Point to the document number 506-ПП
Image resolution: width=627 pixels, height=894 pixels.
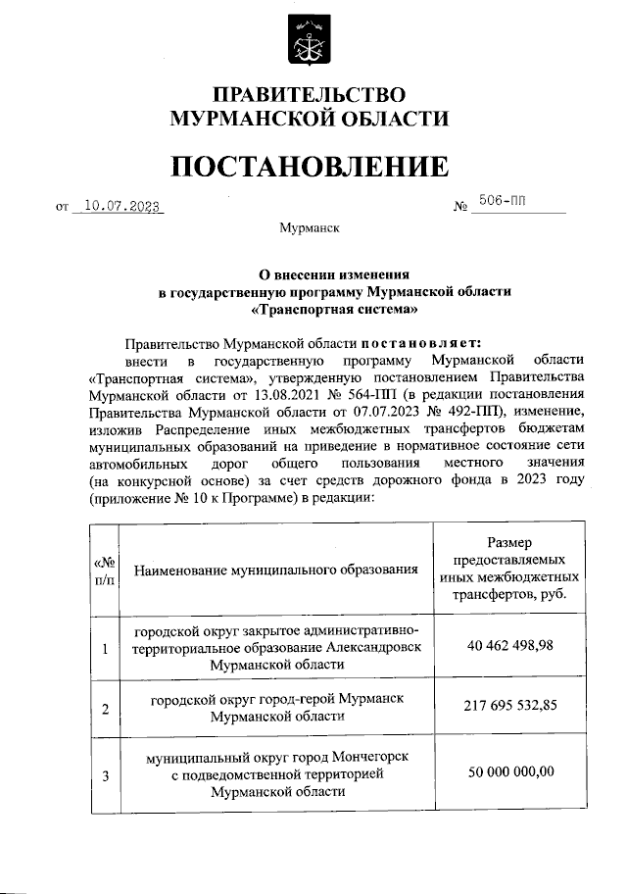click(501, 204)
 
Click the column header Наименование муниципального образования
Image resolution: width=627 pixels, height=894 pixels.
click(277, 570)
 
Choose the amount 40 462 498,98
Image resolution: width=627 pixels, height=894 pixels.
click(508, 646)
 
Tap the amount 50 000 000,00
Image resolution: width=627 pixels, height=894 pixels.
click(508, 771)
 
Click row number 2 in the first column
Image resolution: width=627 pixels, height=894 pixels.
click(105, 709)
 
